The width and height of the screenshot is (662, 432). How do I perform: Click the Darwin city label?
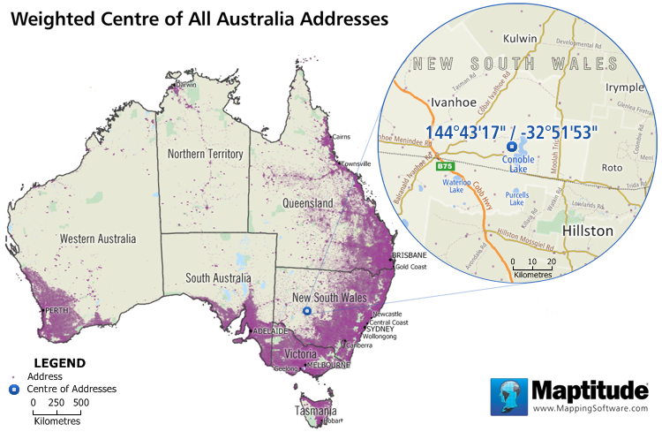pyautogui.click(x=186, y=85)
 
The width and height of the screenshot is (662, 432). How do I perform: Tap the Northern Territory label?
pyautogui.click(x=205, y=154)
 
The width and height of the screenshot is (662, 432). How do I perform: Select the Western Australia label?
pyautogui.click(x=97, y=239)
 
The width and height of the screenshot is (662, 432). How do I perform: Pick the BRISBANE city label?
pyautogui.click(x=409, y=255)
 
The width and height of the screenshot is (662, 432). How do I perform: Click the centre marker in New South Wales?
pyautogui.click(x=307, y=311)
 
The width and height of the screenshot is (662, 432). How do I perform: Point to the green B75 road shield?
pyautogui.click(x=445, y=166)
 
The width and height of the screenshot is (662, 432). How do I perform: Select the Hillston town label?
pyautogui.click(x=587, y=231)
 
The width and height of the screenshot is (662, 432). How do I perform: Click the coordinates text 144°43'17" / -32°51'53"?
pyautogui.click(x=511, y=131)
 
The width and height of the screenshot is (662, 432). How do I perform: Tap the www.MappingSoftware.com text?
pyautogui.click(x=590, y=408)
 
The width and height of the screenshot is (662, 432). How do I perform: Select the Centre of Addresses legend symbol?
pyautogui.click(x=13, y=389)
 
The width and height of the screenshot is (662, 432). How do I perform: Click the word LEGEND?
pyautogui.click(x=59, y=362)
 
